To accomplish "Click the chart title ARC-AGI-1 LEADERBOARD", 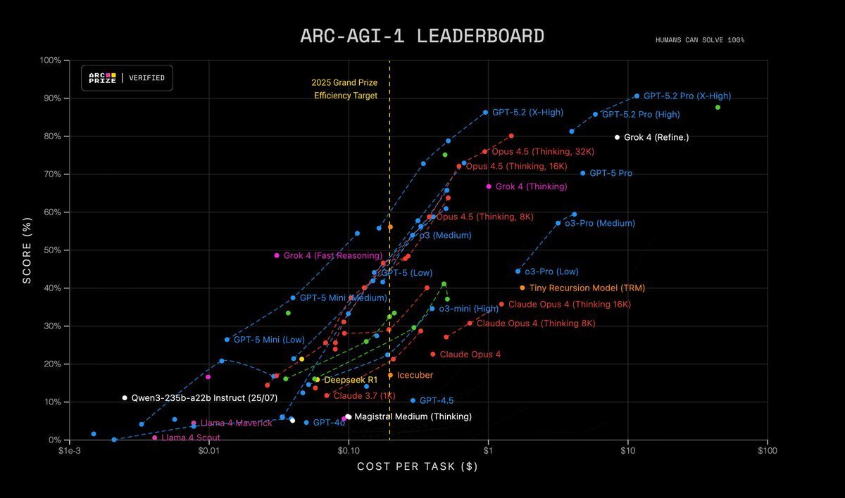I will pyautogui.click(x=422, y=37).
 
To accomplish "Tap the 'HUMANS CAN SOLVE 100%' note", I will pyautogui.click(x=699, y=40).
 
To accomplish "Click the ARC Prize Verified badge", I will pyautogui.click(x=127, y=78).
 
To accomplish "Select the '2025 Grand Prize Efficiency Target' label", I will pyautogui.click(x=345, y=89).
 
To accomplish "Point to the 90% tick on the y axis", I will pyautogui.click(x=51, y=98).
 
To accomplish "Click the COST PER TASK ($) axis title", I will pyautogui.click(x=418, y=466).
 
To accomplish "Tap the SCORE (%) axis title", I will pyautogui.click(x=27, y=250).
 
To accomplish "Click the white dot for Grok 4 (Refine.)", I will pyautogui.click(x=617, y=137).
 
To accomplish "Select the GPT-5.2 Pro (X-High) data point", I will pyautogui.click(x=637, y=96).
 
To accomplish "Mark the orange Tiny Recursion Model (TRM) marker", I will pyautogui.click(x=522, y=288).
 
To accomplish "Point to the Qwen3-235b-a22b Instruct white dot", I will pyautogui.click(x=125, y=398).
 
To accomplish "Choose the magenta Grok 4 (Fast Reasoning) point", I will pyautogui.click(x=277, y=255).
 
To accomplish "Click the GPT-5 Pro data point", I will pyautogui.click(x=582, y=173).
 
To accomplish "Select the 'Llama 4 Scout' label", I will pyautogui.click(x=186, y=438).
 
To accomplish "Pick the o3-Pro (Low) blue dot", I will pyautogui.click(x=518, y=271).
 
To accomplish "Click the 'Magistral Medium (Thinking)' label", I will pyautogui.click(x=413, y=416).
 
